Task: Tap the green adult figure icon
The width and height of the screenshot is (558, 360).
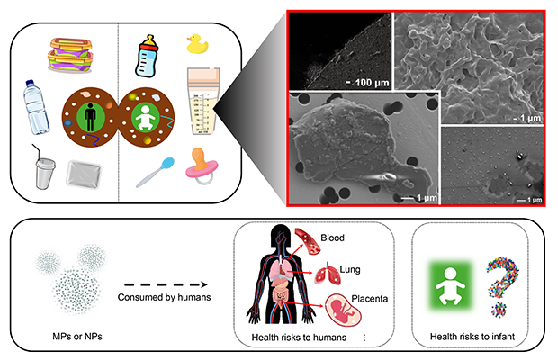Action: pyautogui.click(x=88, y=117)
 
